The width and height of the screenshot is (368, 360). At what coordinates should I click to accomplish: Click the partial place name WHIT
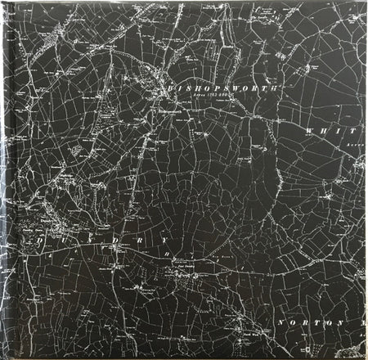[x=330, y=131]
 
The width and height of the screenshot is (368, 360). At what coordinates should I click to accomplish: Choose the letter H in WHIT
[x=324, y=131]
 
